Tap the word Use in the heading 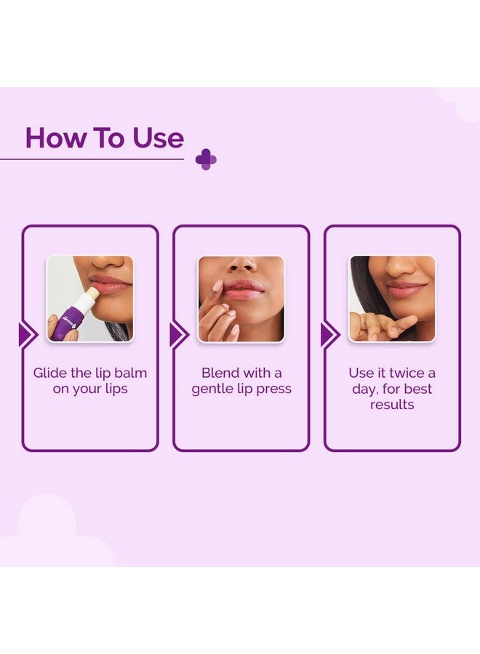click(x=158, y=138)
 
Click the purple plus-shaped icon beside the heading click(x=206, y=159)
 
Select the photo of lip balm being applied click(x=90, y=298)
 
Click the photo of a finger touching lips click(x=241, y=298)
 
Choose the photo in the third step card click(x=392, y=298)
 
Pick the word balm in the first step click(x=130, y=373)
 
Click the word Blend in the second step click(x=220, y=373)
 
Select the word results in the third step click(x=392, y=404)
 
